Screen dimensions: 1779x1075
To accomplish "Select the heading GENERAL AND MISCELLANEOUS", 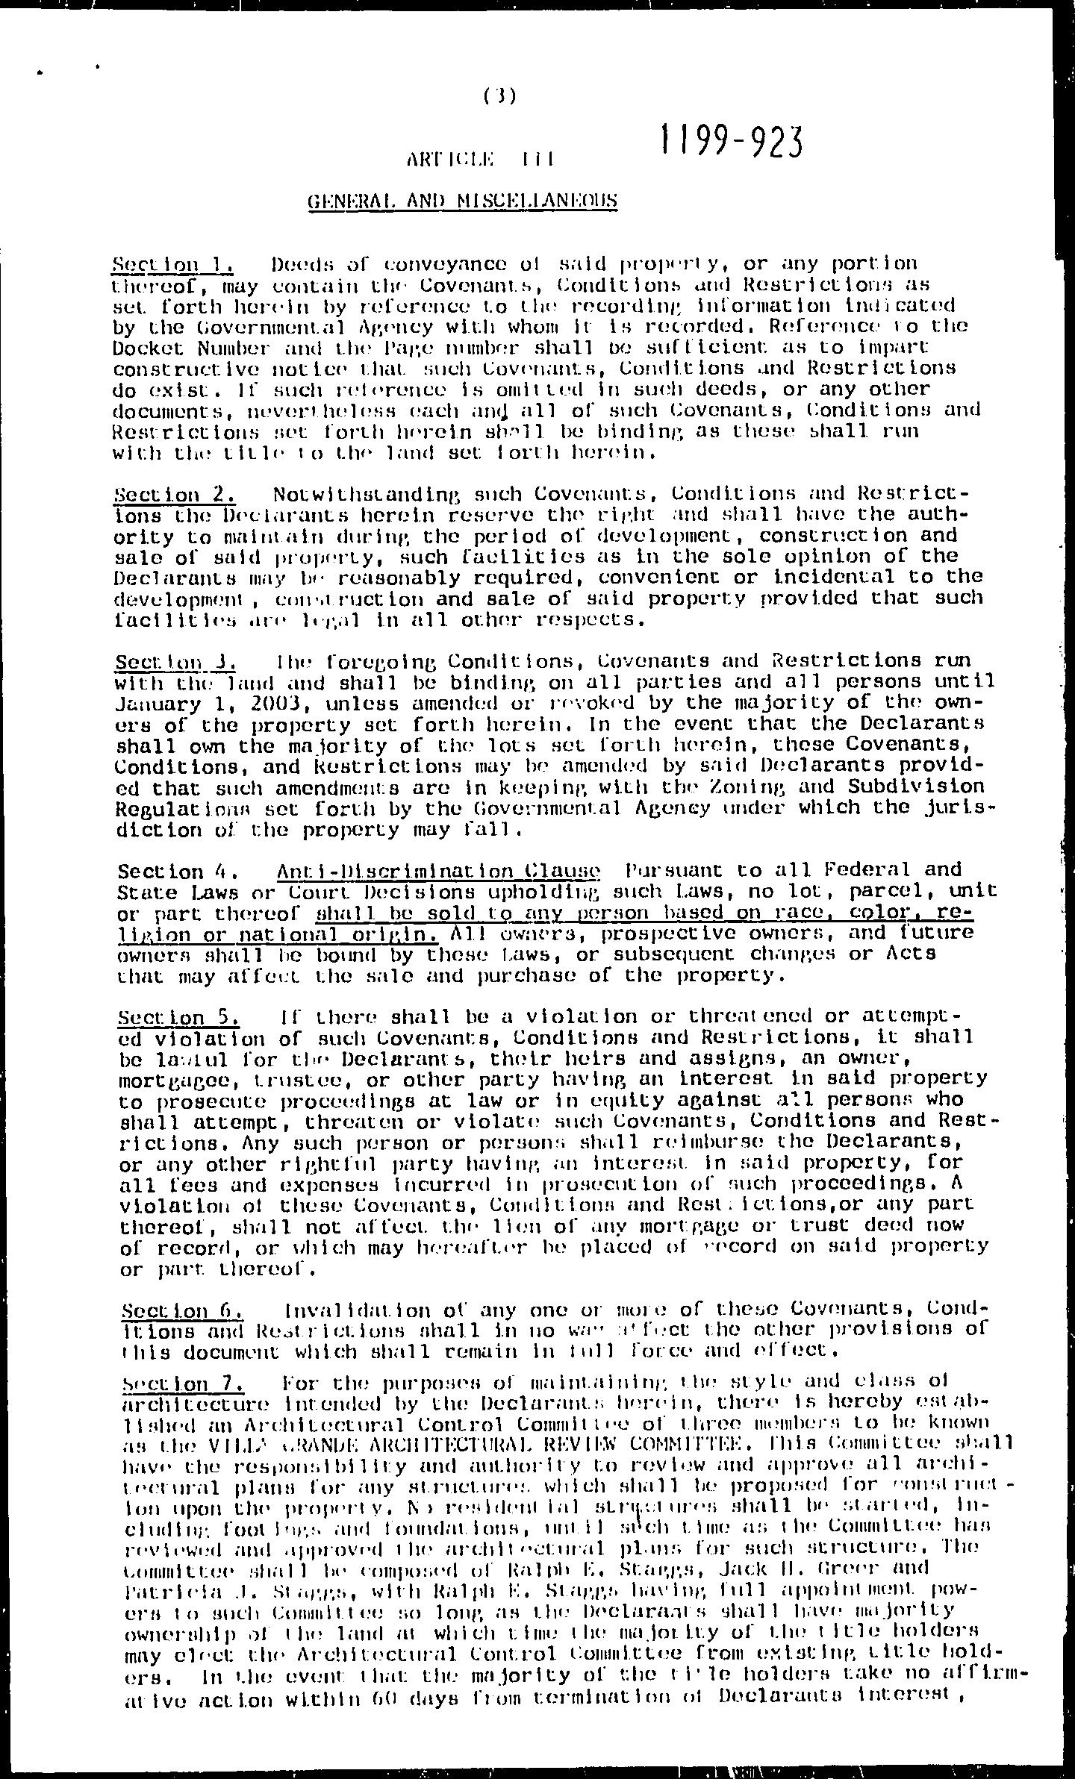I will tap(463, 200).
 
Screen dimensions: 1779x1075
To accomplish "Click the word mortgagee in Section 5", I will tap(169, 1079).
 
